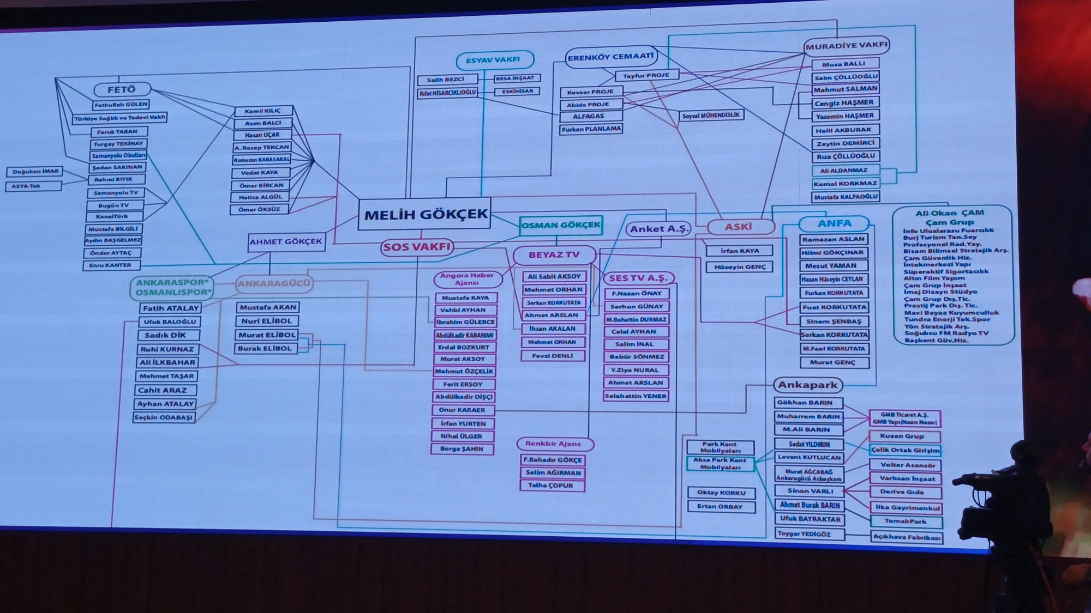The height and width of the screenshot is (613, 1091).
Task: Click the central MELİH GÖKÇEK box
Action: (425, 214)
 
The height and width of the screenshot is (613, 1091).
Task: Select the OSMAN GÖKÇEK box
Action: (560, 225)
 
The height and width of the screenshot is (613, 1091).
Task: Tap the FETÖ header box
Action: (122, 89)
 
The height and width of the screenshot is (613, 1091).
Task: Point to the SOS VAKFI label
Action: (417, 247)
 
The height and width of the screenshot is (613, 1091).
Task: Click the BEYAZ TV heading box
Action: (554, 255)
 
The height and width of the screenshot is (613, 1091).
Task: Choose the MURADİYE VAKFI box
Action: (846, 46)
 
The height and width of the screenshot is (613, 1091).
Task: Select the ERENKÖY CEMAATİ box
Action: (610, 57)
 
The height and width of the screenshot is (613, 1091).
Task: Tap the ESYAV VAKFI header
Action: (493, 60)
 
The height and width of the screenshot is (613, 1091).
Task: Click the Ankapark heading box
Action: (807, 385)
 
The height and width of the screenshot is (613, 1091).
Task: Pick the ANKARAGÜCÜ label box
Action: (274, 283)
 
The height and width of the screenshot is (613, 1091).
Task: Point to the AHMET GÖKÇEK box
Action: (286, 241)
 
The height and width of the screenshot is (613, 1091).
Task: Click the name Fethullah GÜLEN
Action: (121, 105)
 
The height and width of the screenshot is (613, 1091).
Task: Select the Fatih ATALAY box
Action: (171, 308)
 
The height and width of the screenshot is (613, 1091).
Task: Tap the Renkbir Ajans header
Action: (553, 444)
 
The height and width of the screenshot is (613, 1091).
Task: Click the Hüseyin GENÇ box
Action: (740, 267)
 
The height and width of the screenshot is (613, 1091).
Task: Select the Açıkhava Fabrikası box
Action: (907, 537)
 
